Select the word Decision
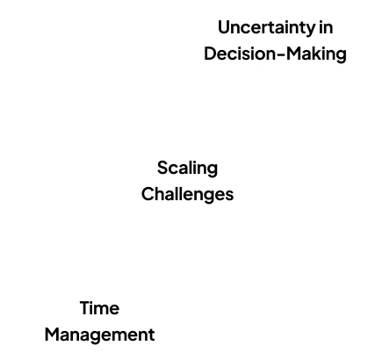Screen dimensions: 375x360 point(239,54)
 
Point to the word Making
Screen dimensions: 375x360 point(316,54)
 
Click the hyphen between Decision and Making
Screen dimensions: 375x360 point(280,54)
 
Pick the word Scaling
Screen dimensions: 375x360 point(187,169)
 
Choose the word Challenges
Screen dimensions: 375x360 point(187,195)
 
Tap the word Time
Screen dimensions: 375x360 point(99,308)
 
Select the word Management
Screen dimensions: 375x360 point(99,335)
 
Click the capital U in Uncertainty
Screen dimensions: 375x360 point(224,27)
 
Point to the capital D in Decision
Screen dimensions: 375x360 point(210,54)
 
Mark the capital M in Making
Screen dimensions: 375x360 point(293,54)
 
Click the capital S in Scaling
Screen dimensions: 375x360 point(162,168)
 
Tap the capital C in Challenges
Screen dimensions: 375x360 point(148,194)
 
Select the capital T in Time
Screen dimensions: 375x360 point(86,308)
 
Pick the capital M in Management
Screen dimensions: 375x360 point(53,335)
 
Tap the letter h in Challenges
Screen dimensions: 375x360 point(162,194)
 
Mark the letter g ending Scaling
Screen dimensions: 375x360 point(213,170)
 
